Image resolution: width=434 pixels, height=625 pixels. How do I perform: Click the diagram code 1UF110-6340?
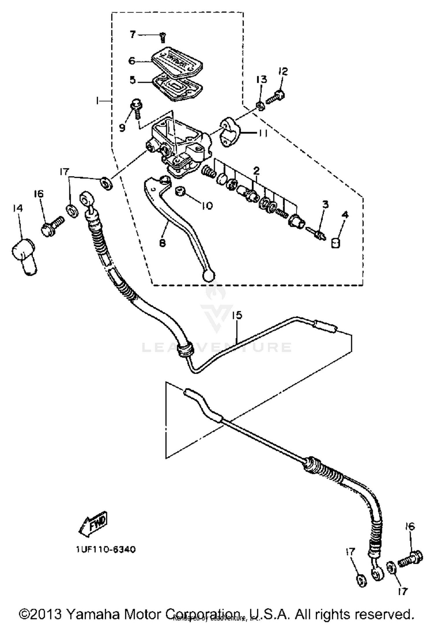106,549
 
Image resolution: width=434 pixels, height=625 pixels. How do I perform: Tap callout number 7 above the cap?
133,35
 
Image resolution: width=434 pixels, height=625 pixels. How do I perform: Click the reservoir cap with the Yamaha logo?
177,62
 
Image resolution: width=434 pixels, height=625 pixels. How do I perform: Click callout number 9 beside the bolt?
122,127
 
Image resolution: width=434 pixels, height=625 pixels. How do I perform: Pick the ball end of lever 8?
209,276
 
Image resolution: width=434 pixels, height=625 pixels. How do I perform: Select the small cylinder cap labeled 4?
336,243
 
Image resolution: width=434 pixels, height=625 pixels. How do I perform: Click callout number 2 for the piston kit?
256,171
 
